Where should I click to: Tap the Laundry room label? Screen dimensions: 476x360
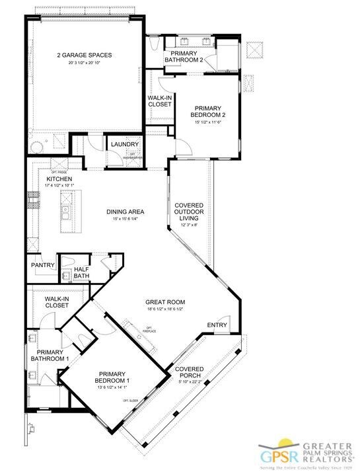[125, 145]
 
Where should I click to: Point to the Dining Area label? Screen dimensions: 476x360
[126, 212]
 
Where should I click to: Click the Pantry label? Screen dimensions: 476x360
[43, 266]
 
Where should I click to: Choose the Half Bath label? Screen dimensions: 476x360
[82, 272]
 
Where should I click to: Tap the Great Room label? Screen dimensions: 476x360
[164, 302]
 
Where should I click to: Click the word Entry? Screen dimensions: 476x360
[217, 325]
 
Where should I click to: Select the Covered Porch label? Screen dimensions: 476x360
[190, 373]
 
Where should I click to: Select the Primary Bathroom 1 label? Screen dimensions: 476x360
[50, 356]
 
